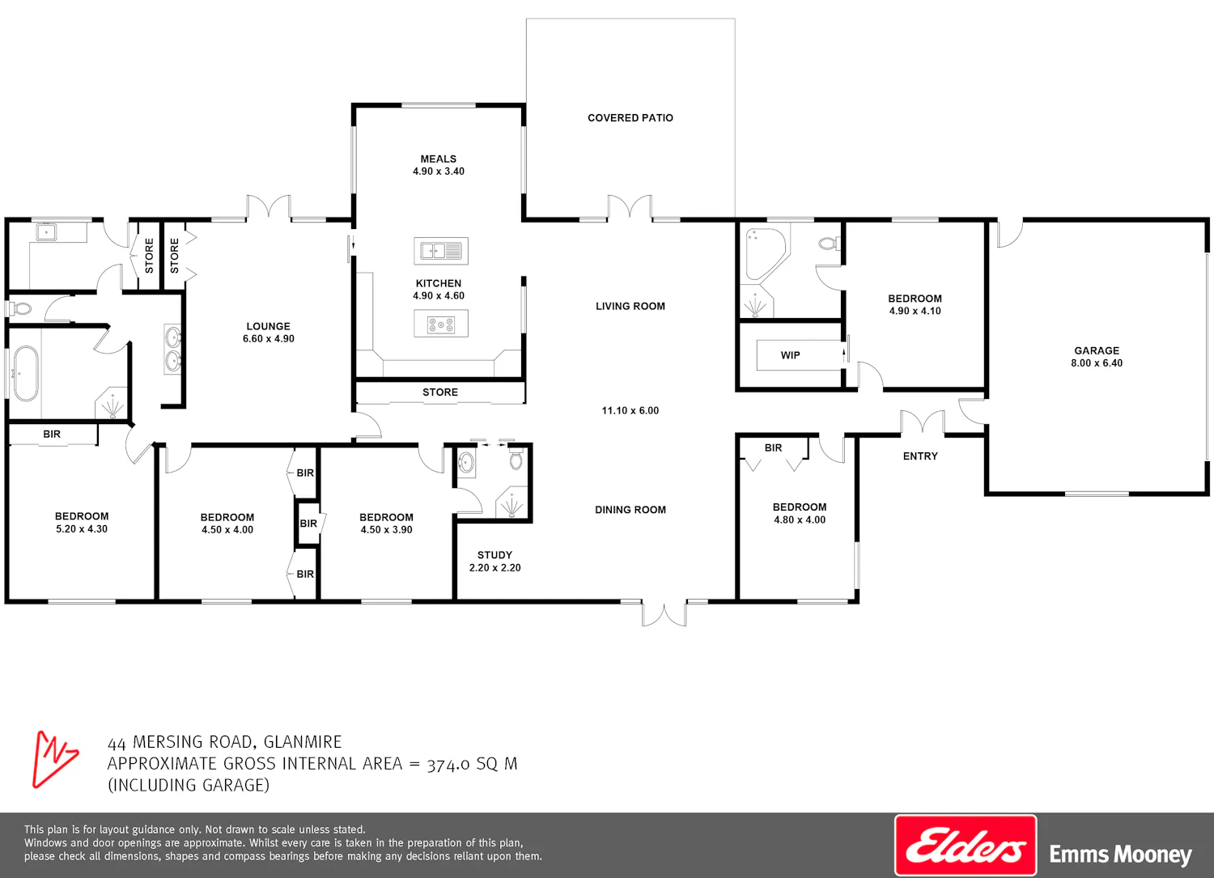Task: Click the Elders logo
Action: [x=966, y=844]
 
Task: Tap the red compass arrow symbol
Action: [x=54, y=759]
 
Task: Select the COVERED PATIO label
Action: [x=630, y=117]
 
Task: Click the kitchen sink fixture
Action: [x=440, y=251]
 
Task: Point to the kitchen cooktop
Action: [x=440, y=324]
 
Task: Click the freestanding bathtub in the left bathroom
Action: [x=25, y=373]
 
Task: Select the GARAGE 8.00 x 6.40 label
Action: [x=1097, y=357]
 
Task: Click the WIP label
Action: [x=790, y=355]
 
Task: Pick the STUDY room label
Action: [x=495, y=555]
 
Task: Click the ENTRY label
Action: [x=920, y=456]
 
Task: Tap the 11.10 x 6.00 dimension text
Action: [x=630, y=411]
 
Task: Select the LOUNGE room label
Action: [x=268, y=326]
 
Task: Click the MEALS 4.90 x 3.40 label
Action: [x=439, y=165]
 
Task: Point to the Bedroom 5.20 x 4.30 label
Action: [x=82, y=523]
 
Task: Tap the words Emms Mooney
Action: [x=1121, y=855]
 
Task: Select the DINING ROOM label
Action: [x=630, y=510]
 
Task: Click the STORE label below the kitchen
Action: [x=440, y=392]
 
